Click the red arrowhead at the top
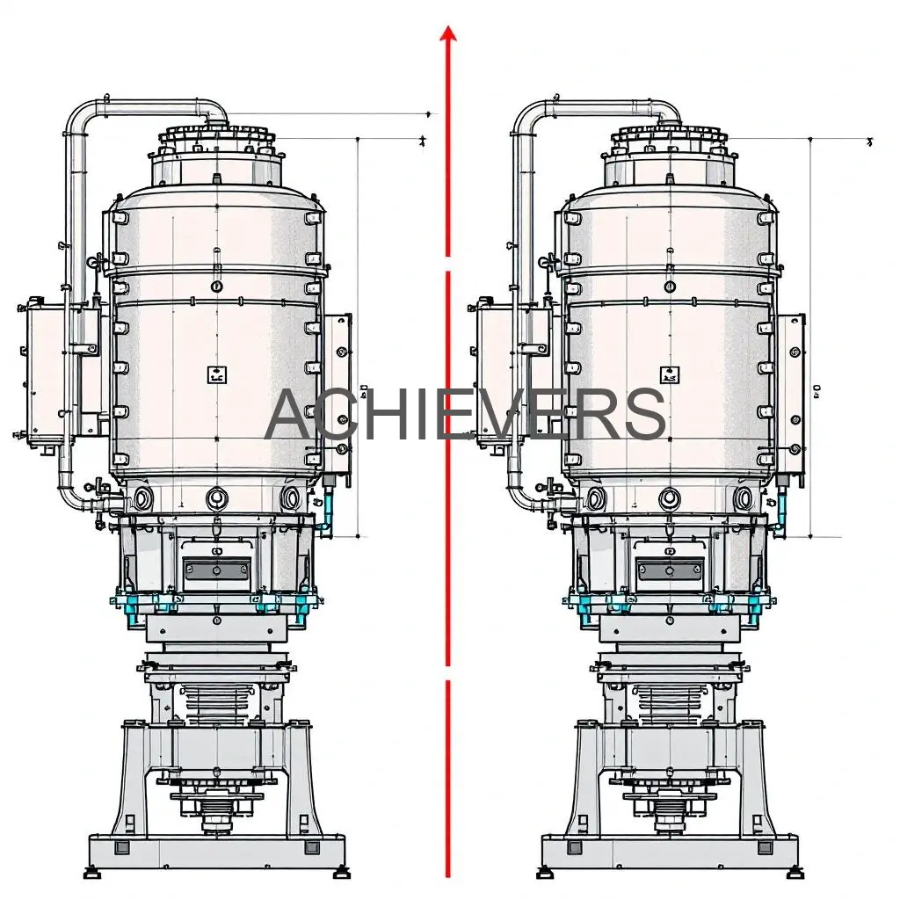(448, 33)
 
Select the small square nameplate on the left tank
(217, 375)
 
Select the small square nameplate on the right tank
(671, 376)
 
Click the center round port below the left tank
(217, 498)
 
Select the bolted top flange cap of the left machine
(216, 137)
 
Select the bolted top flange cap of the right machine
(670, 137)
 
